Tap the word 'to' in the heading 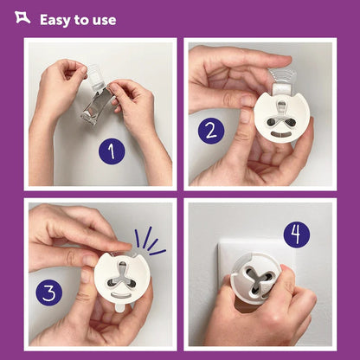point(84,19)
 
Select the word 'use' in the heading point(105,20)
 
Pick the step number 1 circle point(111,151)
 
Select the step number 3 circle point(49,292)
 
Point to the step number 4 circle point(297,233)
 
